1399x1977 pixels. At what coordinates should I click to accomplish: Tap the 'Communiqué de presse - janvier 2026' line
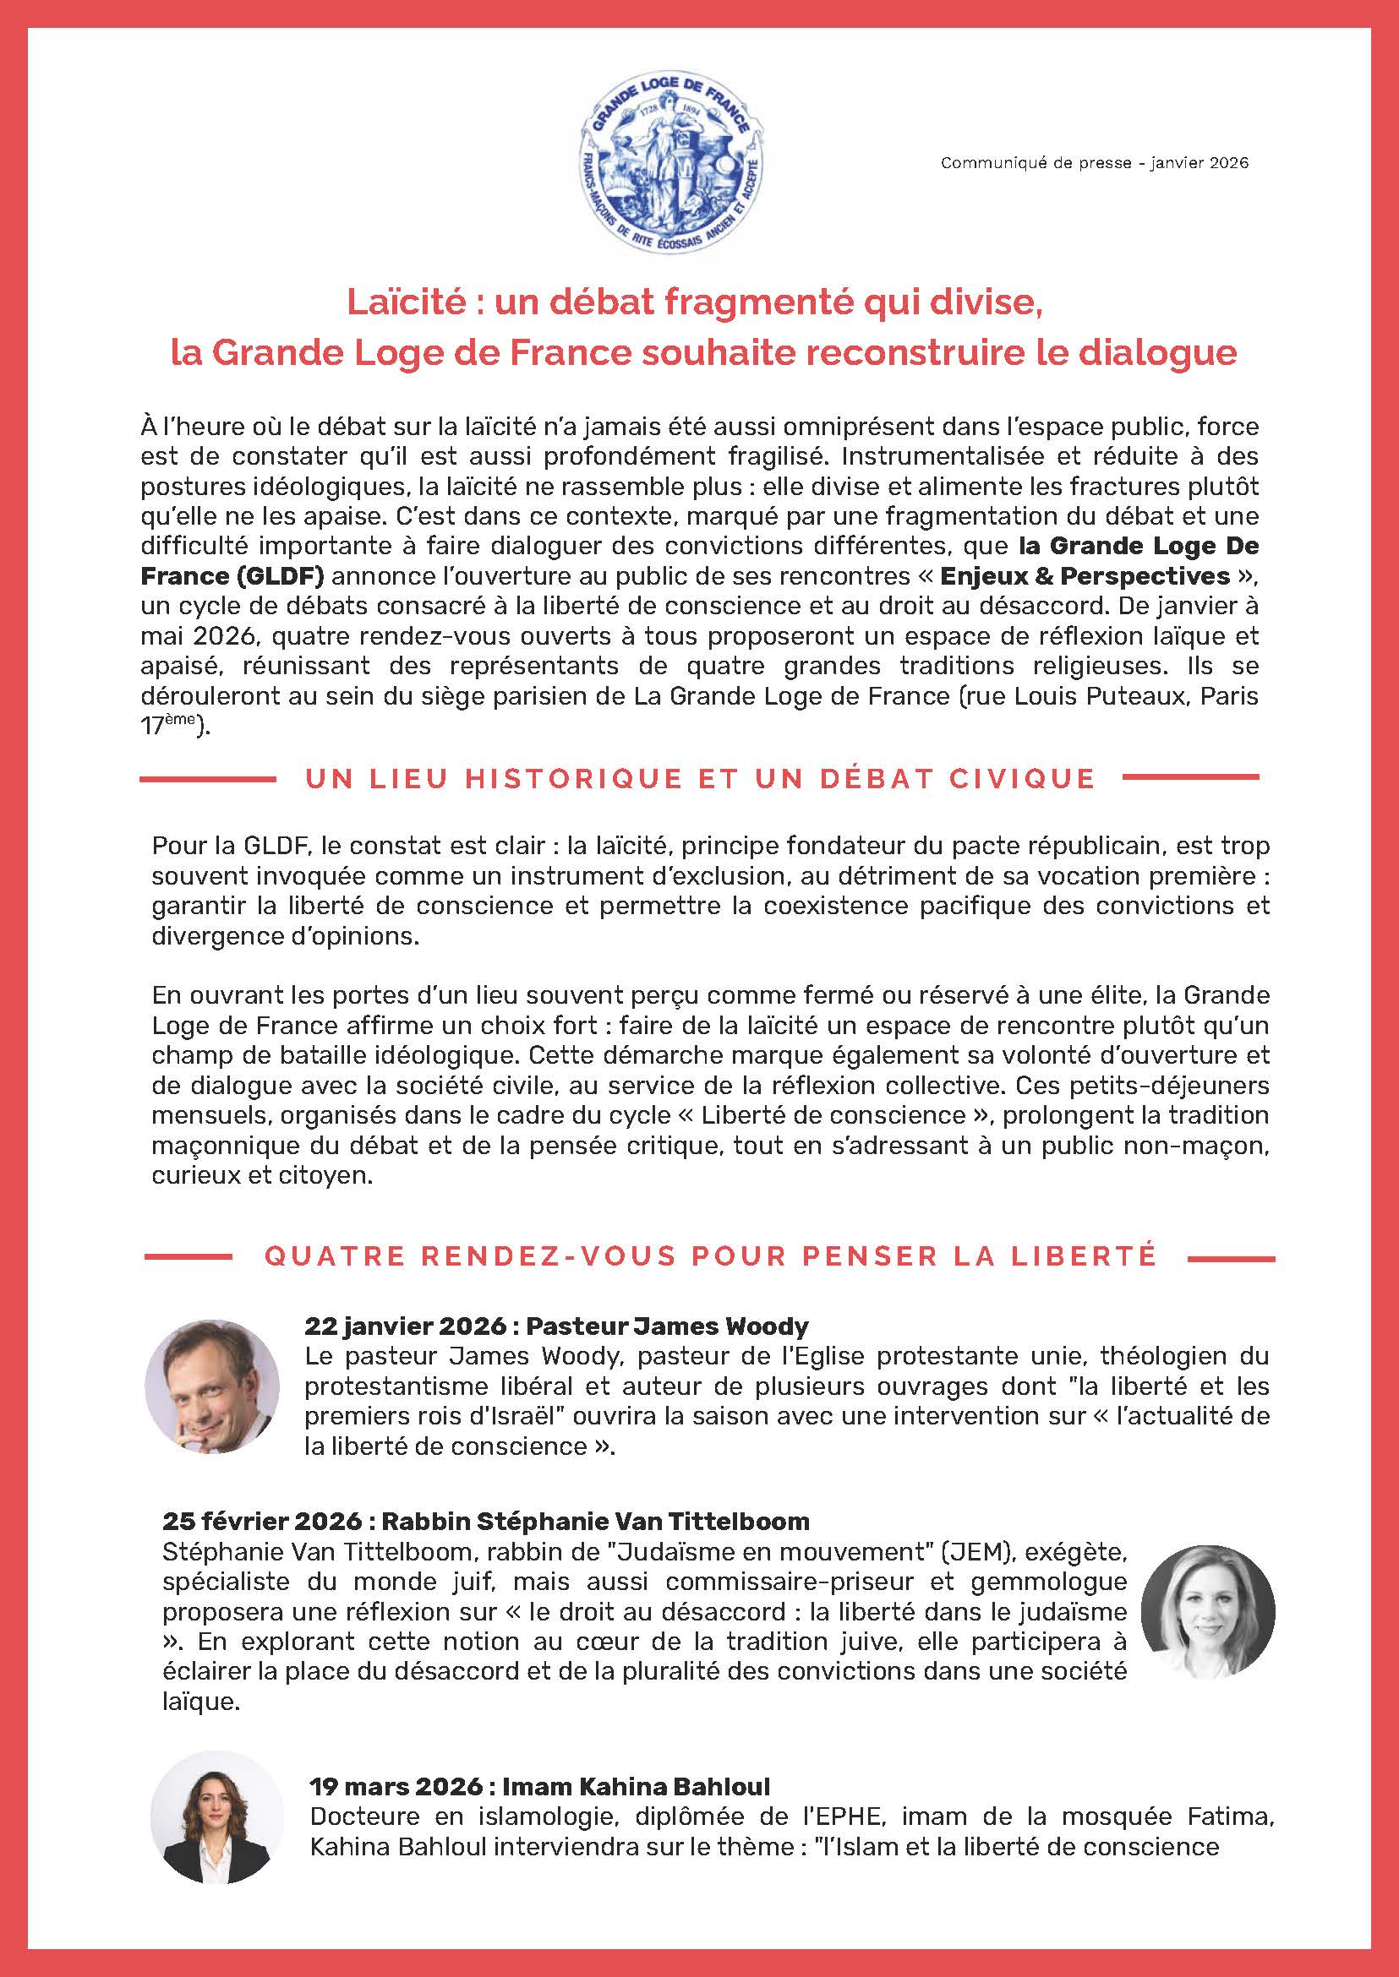(x=1094, y=163)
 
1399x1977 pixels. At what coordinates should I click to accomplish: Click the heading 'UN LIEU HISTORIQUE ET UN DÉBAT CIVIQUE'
(x=700, y=778)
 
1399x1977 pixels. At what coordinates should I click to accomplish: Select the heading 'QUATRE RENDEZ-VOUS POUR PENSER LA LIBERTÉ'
(x=710, y=1256)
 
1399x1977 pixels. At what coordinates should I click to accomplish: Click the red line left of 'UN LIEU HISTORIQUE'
(x=208, y=778)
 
